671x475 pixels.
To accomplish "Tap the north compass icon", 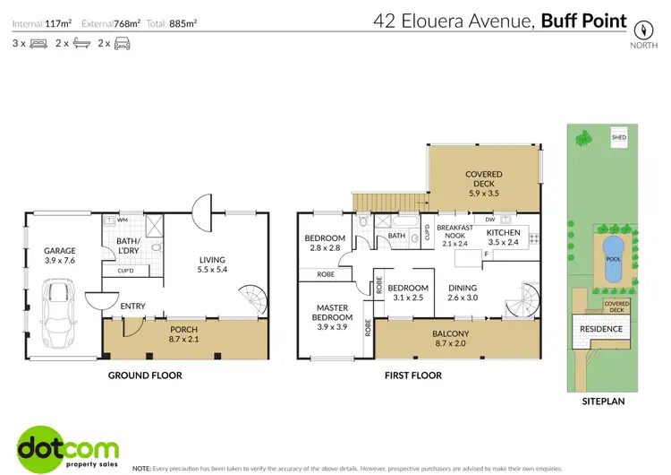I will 640,28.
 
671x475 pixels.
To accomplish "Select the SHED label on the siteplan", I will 618,138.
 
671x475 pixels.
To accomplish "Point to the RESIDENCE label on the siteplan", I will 602,329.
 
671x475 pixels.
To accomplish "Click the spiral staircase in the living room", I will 250,297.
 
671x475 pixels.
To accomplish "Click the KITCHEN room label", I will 502,237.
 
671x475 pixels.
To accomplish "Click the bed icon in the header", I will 38,43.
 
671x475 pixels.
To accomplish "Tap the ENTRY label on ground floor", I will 132,307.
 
